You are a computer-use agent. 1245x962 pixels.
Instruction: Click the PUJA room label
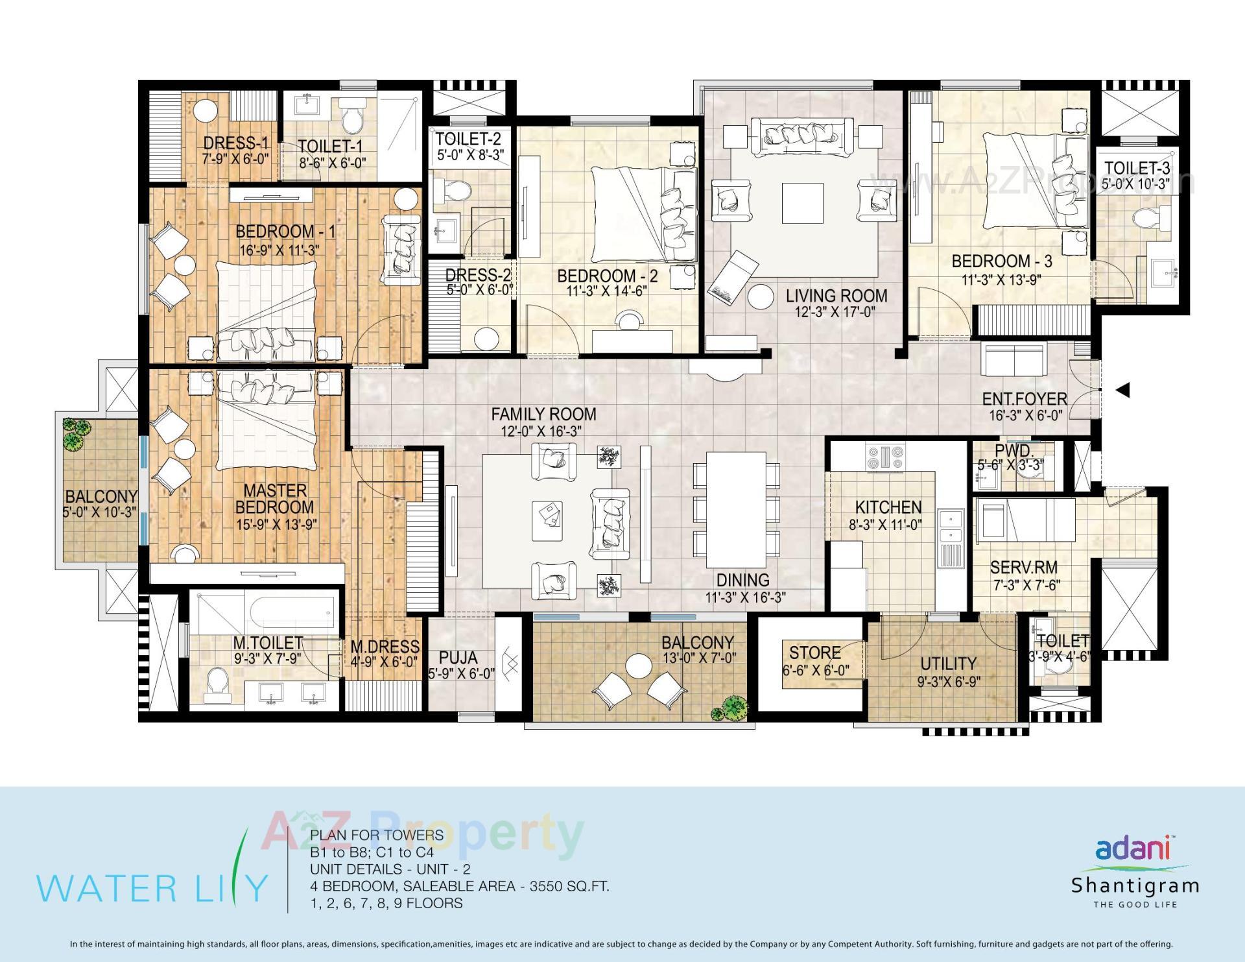click(458, 657)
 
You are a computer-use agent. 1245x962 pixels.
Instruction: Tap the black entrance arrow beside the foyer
click(1122, 390)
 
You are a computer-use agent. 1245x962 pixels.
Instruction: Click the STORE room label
click(815, 653)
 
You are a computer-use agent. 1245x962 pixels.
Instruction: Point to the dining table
click(735, 509)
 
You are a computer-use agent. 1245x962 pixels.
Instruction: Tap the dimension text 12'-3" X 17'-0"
click(836, 312)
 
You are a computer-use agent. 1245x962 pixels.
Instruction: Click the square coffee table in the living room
click(802, 204)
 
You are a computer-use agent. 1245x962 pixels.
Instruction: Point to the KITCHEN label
click(888, 507)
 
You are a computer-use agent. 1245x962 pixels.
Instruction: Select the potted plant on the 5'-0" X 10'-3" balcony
click(77, 433)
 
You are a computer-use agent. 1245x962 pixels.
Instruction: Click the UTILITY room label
click(948, 664)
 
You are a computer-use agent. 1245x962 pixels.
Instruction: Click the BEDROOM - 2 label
click(607, 276)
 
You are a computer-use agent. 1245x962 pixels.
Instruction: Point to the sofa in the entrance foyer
click(1015, 360)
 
